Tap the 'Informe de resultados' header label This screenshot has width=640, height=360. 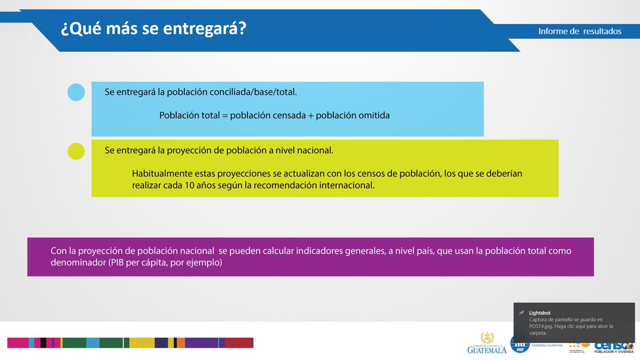[580, 31]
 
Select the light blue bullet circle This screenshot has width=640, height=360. [76, 92]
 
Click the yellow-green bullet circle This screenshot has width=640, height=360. [76, 151]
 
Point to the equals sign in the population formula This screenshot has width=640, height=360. [225, 115]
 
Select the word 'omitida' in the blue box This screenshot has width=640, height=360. [375, 115]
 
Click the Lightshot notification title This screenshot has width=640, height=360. [540, 313]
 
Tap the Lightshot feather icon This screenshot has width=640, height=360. [522, 313]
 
